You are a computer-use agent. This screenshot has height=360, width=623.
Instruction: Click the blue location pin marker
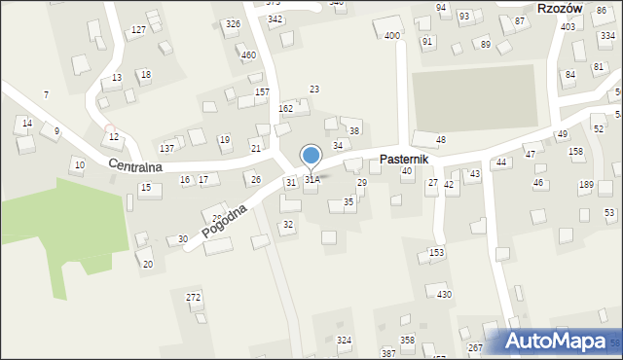coord(311,156)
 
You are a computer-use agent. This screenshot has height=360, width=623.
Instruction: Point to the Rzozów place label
coord(559,8)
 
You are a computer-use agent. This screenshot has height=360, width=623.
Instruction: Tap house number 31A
coord(311,180)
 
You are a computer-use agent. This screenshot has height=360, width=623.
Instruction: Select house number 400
coord(391,36)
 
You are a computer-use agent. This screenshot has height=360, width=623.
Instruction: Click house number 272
coord(194,296)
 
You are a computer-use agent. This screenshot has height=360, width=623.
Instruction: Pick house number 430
coord(443,294)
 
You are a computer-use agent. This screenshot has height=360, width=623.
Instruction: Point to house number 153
coord(437,253)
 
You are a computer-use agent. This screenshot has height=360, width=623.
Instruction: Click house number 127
coord(139,30)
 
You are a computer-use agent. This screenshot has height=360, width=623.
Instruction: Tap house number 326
coord(233,23)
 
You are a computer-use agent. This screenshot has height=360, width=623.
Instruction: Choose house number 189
coord(586,185)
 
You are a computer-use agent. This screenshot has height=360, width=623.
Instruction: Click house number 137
coord(166,148)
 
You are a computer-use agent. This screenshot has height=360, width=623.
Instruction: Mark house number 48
coord(440,140)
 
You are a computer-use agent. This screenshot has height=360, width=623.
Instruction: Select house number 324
coord(344,340)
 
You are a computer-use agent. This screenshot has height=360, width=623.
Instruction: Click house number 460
coord(248,54)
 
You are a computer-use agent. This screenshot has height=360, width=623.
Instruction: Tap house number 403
coord(568,26)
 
